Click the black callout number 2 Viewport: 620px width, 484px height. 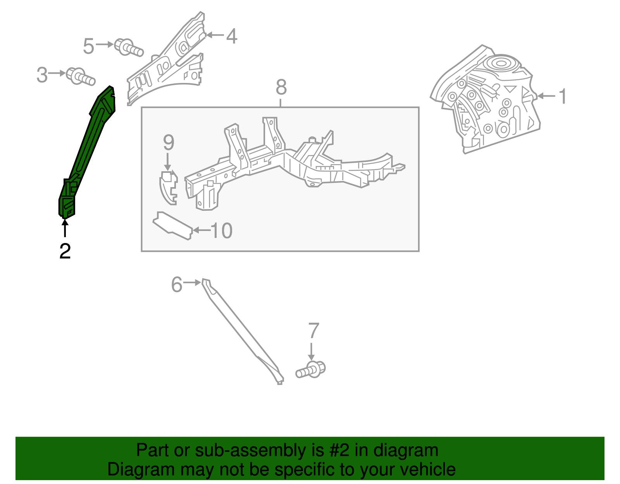point(65,251)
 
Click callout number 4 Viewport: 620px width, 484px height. point(231,36)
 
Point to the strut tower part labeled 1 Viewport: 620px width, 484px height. point(488,101)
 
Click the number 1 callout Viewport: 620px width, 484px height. point(563,96)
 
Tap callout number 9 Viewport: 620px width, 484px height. point(168,143)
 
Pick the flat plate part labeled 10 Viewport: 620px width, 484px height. point(173,226)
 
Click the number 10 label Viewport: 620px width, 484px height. point(221,231)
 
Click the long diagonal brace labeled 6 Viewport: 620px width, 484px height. point(240,329)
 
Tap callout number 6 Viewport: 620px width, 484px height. point(177,284)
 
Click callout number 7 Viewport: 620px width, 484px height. point(313,331)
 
